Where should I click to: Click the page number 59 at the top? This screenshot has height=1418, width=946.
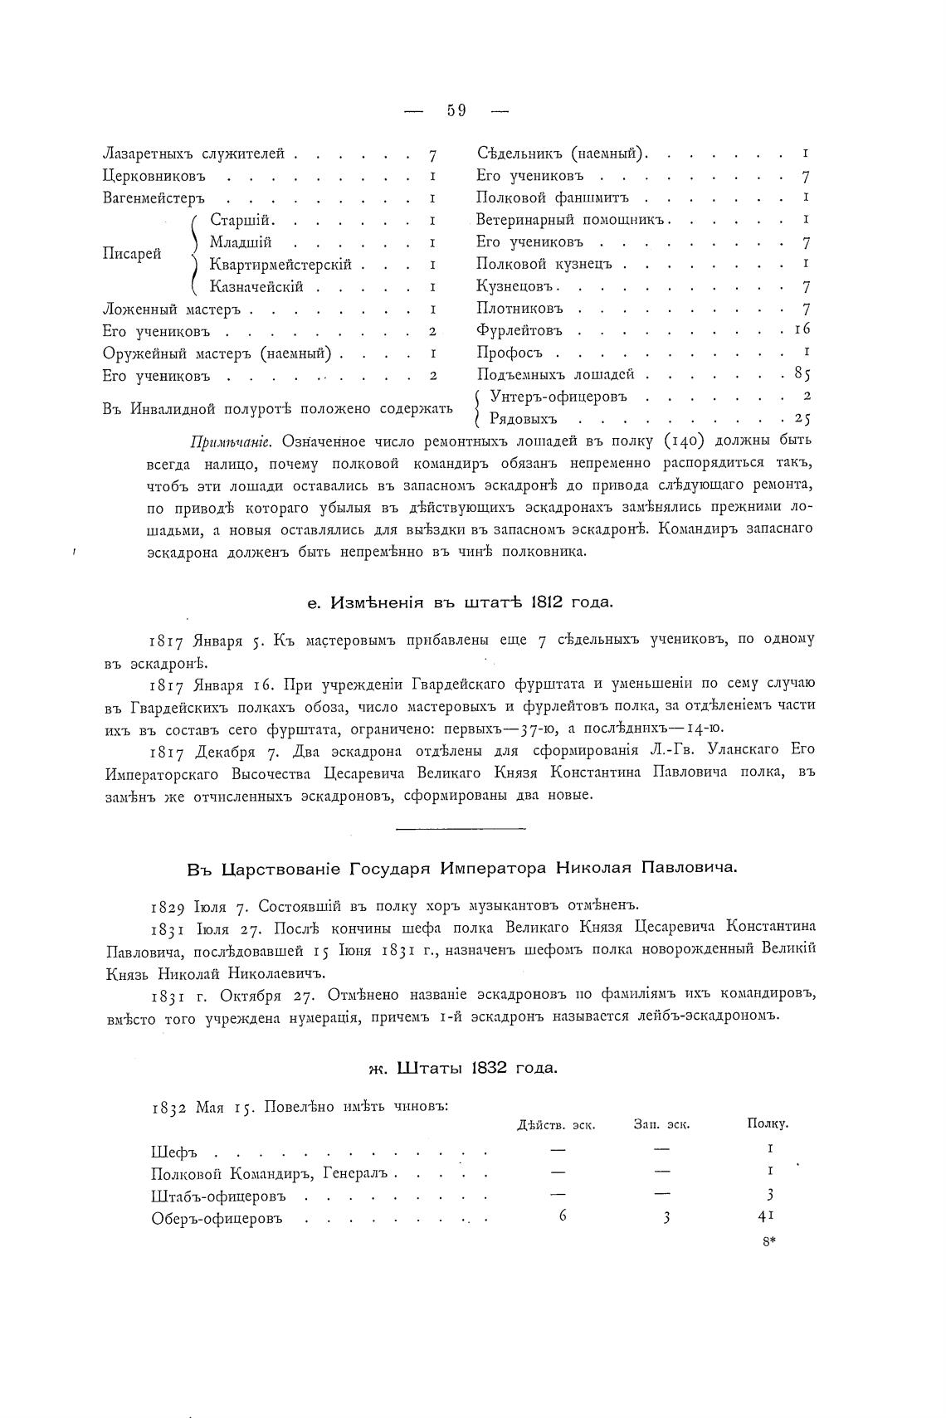pos(456,110)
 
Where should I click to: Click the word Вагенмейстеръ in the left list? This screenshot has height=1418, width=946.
pos(154,198)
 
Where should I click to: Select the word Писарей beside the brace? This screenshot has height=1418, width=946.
pos(132,254)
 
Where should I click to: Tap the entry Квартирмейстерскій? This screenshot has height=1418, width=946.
pos(280,265)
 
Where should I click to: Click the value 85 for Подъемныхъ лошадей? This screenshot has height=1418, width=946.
pos(802,374)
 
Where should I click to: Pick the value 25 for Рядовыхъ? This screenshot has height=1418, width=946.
pos(802,418)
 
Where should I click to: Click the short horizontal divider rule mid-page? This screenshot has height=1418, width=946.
pos(461,827)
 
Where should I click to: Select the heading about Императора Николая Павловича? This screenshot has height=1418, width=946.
pos(461,869)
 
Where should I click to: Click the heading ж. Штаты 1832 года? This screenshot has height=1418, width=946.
pos(462,1068)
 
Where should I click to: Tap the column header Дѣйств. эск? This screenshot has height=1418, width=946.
pos(555,1125)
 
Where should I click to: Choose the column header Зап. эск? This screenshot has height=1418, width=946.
pos(661,1125)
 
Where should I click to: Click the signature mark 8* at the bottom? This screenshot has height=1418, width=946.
pos(768,1242)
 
